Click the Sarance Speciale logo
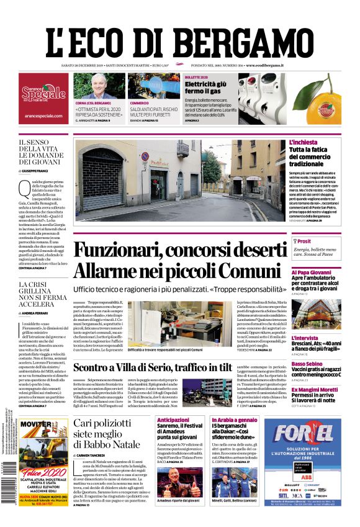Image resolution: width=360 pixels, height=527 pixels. pos(43,94)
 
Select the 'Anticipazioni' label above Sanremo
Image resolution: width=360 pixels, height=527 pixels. pos(173,420)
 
